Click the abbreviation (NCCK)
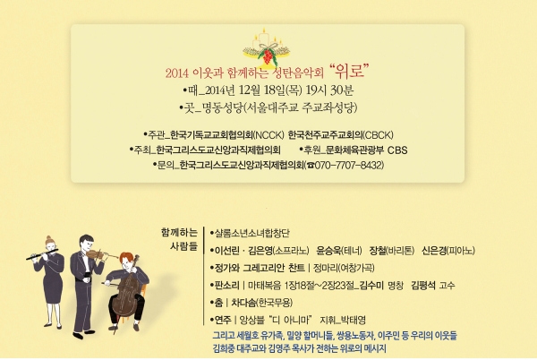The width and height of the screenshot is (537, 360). click(x=268, y=135)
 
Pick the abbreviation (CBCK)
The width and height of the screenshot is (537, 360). click(x=378, y=135)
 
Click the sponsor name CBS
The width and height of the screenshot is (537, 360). click(x=397, y=150)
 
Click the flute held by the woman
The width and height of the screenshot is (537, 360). click(x=42, y=254)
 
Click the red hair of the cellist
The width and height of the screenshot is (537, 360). click(x=126, y=256)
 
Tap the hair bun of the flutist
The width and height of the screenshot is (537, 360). click(x=49, y=238)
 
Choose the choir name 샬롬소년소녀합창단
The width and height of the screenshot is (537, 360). click(x=251, y=233)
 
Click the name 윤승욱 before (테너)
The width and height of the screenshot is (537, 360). click(x=328, y=251)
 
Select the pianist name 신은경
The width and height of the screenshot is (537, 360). click(x=434, y=251)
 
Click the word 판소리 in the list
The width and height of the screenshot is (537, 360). click(x=226, y=286)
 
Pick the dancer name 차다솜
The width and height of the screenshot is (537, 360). click(x=243, y=303)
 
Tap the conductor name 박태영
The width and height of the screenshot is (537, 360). click(x=354, y=321)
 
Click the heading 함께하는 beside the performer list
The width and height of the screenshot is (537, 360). click(x=180, y=233)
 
